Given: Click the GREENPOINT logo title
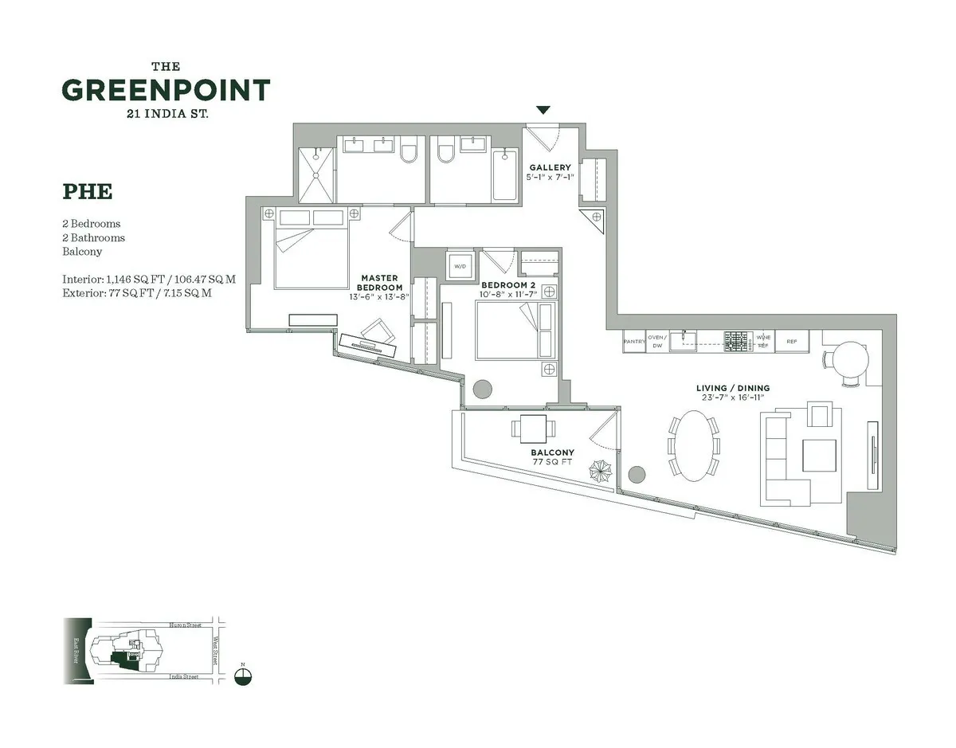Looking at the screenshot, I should (166, 90).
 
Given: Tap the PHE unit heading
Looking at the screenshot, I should (87, 192).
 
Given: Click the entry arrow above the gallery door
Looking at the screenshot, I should (543, 110).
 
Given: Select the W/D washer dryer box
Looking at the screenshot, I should (460, 265).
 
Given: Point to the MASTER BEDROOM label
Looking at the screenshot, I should (379, 283).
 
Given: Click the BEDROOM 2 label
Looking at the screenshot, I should (507, 284).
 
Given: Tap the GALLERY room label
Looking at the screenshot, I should (550, 167).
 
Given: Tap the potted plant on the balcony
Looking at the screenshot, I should (600, 472).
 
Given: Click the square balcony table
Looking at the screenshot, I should (534, 429).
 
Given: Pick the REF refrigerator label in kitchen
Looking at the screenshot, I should (791, 342).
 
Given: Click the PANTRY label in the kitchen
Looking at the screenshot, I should (634, 342).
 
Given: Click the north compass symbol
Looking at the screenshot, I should (244, 676).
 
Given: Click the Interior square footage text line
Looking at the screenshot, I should (149, 280).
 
